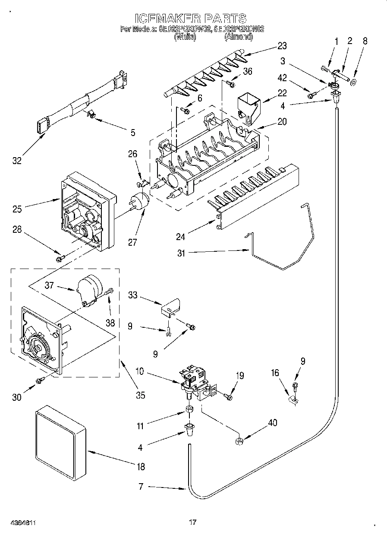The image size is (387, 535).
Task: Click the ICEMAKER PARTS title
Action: [x=190, y=18]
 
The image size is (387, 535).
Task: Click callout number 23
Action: [x=282, y=46]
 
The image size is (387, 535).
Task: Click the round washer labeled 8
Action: [x=353, y=82]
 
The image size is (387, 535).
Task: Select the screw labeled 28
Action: [x=60, y=258]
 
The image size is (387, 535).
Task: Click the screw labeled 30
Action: [x=41, y=380]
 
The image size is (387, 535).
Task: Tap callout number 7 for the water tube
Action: [x=141, y=487]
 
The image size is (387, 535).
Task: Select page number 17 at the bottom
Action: [x=192, y=522]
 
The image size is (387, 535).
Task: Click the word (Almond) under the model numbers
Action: [x=238, y=38]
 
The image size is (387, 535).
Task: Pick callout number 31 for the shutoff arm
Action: [x=181, y=253]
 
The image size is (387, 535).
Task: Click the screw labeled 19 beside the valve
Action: [x=229, y=396]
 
